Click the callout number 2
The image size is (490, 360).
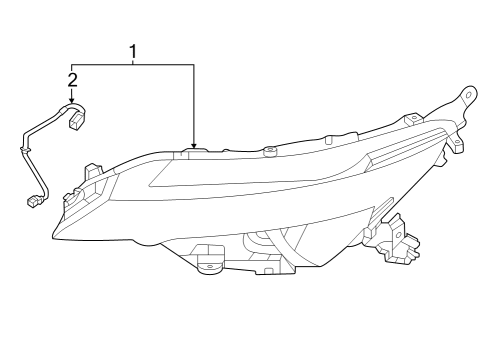pyautogui.click(x=72, y=78)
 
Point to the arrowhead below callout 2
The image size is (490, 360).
pyautogui.click(x=72, y=101)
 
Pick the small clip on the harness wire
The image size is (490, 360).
pyautogui.click(x=20, y=150)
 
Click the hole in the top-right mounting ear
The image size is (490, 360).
pyautogui.click(x=465, y=95)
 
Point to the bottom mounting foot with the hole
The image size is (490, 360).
pyautogui.click(x=211, y=265)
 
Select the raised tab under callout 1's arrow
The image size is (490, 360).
pyautogui.click(x=196, y=152)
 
